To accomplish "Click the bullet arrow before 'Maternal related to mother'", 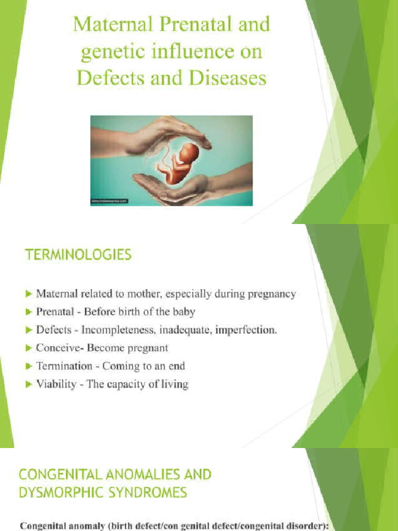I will pos(29,294).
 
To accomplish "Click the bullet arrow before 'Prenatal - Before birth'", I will pos(29,312).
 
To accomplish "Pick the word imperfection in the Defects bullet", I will pos(246,330).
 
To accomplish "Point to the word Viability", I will pos(56,384).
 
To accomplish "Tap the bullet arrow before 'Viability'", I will pos(29,384).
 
